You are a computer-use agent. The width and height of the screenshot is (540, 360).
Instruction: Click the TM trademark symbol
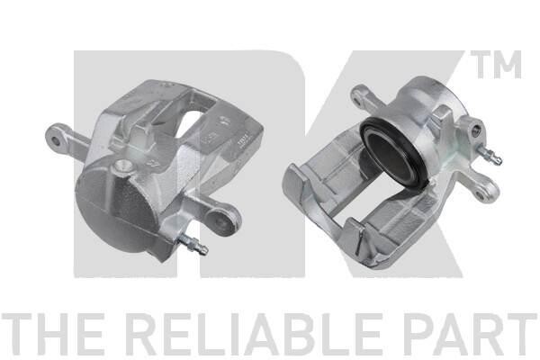click(496, 65)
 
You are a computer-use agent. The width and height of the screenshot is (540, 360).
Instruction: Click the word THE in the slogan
click(53, 334)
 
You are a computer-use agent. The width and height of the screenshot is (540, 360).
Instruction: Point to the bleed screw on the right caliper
click(491, 156)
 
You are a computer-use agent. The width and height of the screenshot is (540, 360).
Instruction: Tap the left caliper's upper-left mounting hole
click(55, 141)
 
